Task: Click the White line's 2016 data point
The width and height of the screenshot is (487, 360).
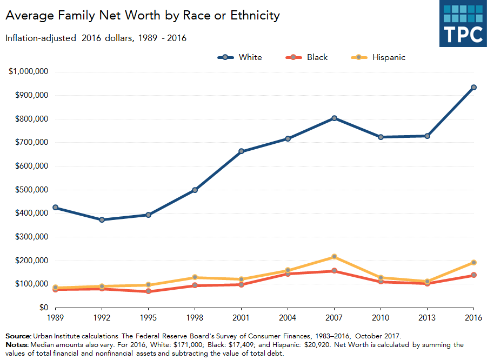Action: (x=473, y=87)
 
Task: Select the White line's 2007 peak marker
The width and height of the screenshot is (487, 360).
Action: (x=334, y=118)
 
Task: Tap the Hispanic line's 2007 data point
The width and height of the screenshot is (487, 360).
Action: (x=334, y=256)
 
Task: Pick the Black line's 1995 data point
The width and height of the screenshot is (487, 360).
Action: (x=148, y=291)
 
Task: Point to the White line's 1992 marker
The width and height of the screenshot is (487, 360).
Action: (x=102, y=219)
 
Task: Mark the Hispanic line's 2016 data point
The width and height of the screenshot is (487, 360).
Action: (x=473, y=262)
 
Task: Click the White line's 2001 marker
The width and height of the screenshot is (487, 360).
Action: (x=241, y=151)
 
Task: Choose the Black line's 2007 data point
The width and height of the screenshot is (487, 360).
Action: (x=334, y=271)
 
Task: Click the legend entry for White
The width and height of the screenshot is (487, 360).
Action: (x=240, y=57)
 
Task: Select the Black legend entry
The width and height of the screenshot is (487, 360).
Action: (x=308, y=57)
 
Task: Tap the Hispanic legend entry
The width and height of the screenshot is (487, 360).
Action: (x=379, y=57)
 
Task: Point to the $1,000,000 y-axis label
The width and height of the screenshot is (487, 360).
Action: (x=29, y=72)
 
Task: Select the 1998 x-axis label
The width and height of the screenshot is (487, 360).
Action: (x=195, y=318)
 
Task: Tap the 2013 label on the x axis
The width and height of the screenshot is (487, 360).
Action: (x=427, y=318)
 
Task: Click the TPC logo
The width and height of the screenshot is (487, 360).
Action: (x=463, y=24)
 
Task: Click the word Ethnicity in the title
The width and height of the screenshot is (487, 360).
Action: (x=250, y=16)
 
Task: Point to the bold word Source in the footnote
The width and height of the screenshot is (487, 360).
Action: (x=18, y=336)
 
